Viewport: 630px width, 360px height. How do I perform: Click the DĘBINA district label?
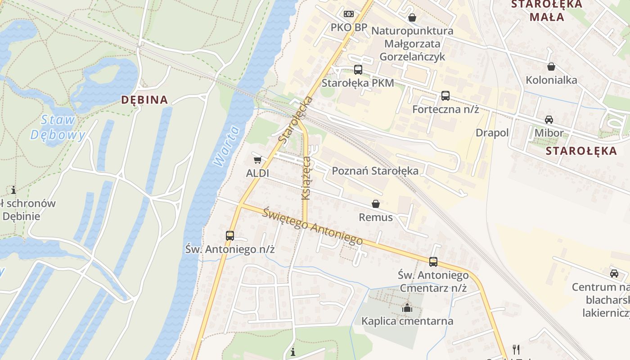[144, 100]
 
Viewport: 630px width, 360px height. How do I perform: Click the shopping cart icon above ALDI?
[257, 160]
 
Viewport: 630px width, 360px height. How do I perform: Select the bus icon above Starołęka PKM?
[358, 70]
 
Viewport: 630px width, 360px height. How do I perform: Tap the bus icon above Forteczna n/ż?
[445, 96]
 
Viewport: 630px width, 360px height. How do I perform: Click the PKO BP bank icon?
[349, 14]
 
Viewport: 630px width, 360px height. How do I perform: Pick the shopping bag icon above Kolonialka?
[551, 67]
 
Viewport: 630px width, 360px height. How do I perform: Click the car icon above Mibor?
[549, 120]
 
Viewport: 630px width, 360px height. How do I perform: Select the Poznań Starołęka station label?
[375, 171]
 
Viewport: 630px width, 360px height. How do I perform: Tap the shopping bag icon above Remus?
[376, 204]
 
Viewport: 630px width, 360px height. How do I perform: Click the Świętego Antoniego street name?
[313, 226]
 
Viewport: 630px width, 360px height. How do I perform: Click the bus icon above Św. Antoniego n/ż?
[230, 235]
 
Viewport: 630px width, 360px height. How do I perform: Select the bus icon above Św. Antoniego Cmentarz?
[433, 261]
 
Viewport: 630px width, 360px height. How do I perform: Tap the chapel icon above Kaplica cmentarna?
[407, 308]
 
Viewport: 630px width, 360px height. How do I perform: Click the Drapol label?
[492, 133]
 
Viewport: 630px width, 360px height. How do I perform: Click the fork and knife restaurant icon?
[516, 349]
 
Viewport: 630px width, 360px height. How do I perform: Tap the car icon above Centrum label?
[614, 273]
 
